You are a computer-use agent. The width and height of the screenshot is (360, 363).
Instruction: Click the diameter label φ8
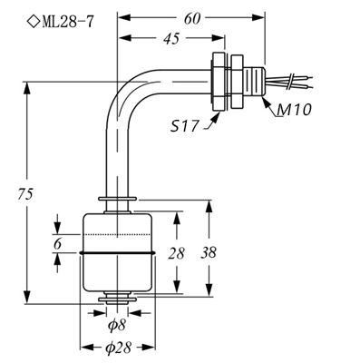point(117,325)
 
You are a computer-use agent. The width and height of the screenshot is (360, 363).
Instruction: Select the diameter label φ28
point(119,348)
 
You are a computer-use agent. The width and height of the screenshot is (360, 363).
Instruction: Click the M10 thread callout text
point(296,113)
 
